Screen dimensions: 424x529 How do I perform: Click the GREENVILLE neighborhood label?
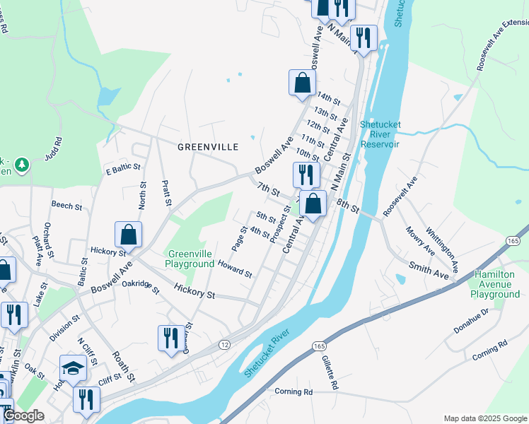pyautogui.click(x=207, y=147)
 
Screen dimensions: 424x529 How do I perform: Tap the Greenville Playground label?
pyautogui.click(x=190, y=259)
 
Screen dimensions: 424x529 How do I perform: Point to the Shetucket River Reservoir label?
pyautogui.click(x=380, y=134)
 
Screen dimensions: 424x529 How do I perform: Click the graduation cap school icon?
pyautogui.click(x=73, y=367)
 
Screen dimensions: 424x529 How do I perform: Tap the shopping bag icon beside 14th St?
pyautogui.click(x=302, y=82)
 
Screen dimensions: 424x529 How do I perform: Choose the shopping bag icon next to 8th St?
pyautogui.click(x=313, y=204)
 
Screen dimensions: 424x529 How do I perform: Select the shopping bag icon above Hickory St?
pyautogui.click(x=128, y=234)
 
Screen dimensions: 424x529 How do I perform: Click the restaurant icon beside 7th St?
pyautogui.click(x=306, y=175)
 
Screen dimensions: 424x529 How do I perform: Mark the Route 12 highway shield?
pyautogui.click(x=225, y=343)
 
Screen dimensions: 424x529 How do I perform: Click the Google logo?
pyautogui.click(x=23, y=416)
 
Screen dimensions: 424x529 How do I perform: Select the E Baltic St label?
pyautogui.click(x=123, y=170)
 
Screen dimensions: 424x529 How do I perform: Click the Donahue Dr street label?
pyautogui.click(x=475, y=316)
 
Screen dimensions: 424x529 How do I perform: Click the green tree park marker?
pyautogui.click(x=22, y=165)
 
